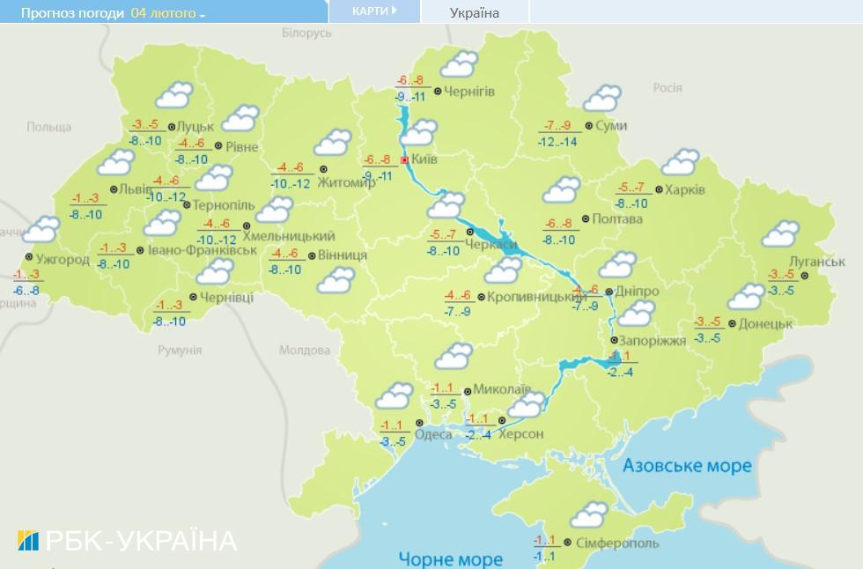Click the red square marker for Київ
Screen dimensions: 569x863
pyautogui.click(x=405, y=161)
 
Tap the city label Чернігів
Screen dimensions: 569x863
pyautogui.click(x=469, y=92)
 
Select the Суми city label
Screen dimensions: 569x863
pyautogui.click(x=611, y=126)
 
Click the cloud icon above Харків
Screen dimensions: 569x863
pyautogui.click(x=679, y=163)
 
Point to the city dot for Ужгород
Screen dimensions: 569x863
pyautogui.click(x=29, y=257)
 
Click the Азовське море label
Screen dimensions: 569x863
pyautogui.click(x=687, y=465)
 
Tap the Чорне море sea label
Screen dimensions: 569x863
pyautogui.click(x=450, y=558)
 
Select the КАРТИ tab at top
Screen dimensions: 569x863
pyautogui.click(x=369, y=11)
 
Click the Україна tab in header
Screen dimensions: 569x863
pyautogui.click(x=474, y=12)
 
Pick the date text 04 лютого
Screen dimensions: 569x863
pyautogui.click(x=163, y=13)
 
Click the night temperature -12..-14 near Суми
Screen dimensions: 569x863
pyautogui.click(x=558, y=141)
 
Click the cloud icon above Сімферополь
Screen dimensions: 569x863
pyautogui.click(x=589, y=513)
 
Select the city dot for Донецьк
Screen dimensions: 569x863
pyautogui.click(x=732, y=323)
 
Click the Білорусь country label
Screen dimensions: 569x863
pyautogui.click(x=306, y=33)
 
